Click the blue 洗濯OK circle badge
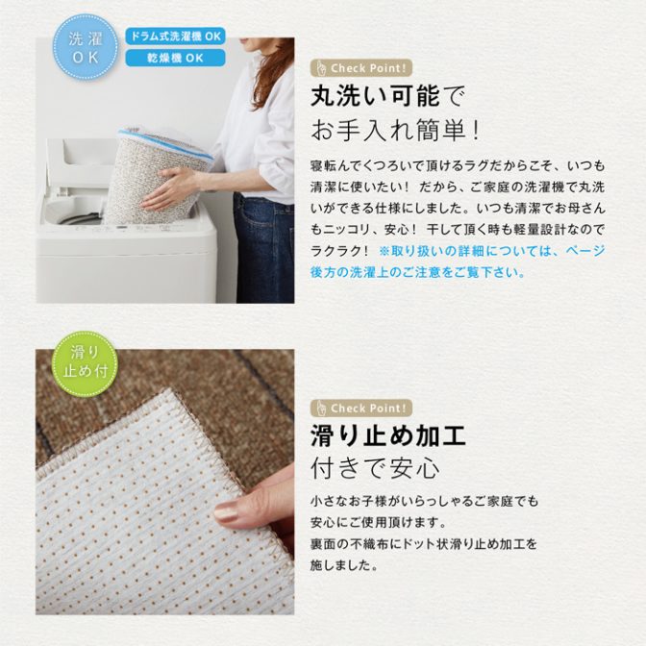coord(85,47)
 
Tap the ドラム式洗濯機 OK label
coord(176,37)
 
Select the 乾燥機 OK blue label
coord(176,58)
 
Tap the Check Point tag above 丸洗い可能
coord(361,68)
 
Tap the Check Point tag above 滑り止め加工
coord(361,409)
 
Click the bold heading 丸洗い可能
coord(375,96)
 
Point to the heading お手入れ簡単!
coord(395,130)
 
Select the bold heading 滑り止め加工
coord(388,436)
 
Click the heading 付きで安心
coord(375,469)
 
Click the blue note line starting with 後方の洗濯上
coord(418,272)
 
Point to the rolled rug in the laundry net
coord(158,176)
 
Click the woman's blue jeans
coord(263,247)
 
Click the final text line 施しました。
coord(344,565)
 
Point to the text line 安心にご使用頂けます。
coord(379,522)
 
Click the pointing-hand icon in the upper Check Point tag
coord(321,68)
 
